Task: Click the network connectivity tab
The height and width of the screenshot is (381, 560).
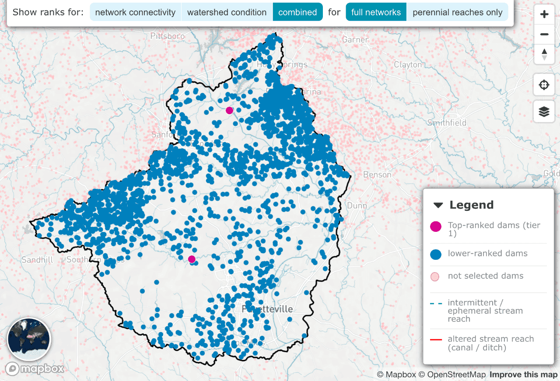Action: pyautogui.click(x=135, y=12)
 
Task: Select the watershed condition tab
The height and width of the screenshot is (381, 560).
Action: pyautogui.click(x=227, y=12)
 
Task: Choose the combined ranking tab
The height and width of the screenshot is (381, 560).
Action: pyautogui.click(x=297, y=12)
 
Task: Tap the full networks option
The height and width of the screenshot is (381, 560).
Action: pyautogui.click(x=376, y=12)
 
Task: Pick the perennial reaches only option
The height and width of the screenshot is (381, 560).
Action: pyautogui.click(x=457, y=12)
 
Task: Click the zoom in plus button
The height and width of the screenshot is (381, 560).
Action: pyautogui.click(x=544, y=14)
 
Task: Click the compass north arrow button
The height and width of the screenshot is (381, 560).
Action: pyautogui.click(x=544, y=54)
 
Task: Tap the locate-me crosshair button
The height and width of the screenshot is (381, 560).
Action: pyautogui.click(x=544, y=85)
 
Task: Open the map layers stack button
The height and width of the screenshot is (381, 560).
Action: pyautogui.click(x=544, y=112)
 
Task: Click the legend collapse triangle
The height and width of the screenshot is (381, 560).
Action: pyautogui.click(x=438, y=205)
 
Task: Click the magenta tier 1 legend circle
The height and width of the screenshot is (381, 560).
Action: pyautogui.click(x=436, y=227)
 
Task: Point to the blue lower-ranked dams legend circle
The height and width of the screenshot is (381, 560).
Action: pyautogui.click(x=436, y=254)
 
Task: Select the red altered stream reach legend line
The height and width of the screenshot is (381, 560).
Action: pyautogui.click(x=436, y=339)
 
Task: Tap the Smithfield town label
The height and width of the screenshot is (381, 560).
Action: pyautogui.click(x=447, y=123)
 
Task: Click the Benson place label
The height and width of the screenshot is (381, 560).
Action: pyautogui.click(x=377, y=175)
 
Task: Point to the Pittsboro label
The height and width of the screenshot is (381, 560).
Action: pyautogui.click(x=168, y=36)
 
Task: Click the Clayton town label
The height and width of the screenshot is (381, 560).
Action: pyautogui.click(x=408, y=65)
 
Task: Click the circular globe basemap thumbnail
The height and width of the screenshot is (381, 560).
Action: pyautogui.click(x=29, y=339)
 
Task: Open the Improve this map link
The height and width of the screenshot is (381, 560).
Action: pyautogui.click(x=523, y=375)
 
